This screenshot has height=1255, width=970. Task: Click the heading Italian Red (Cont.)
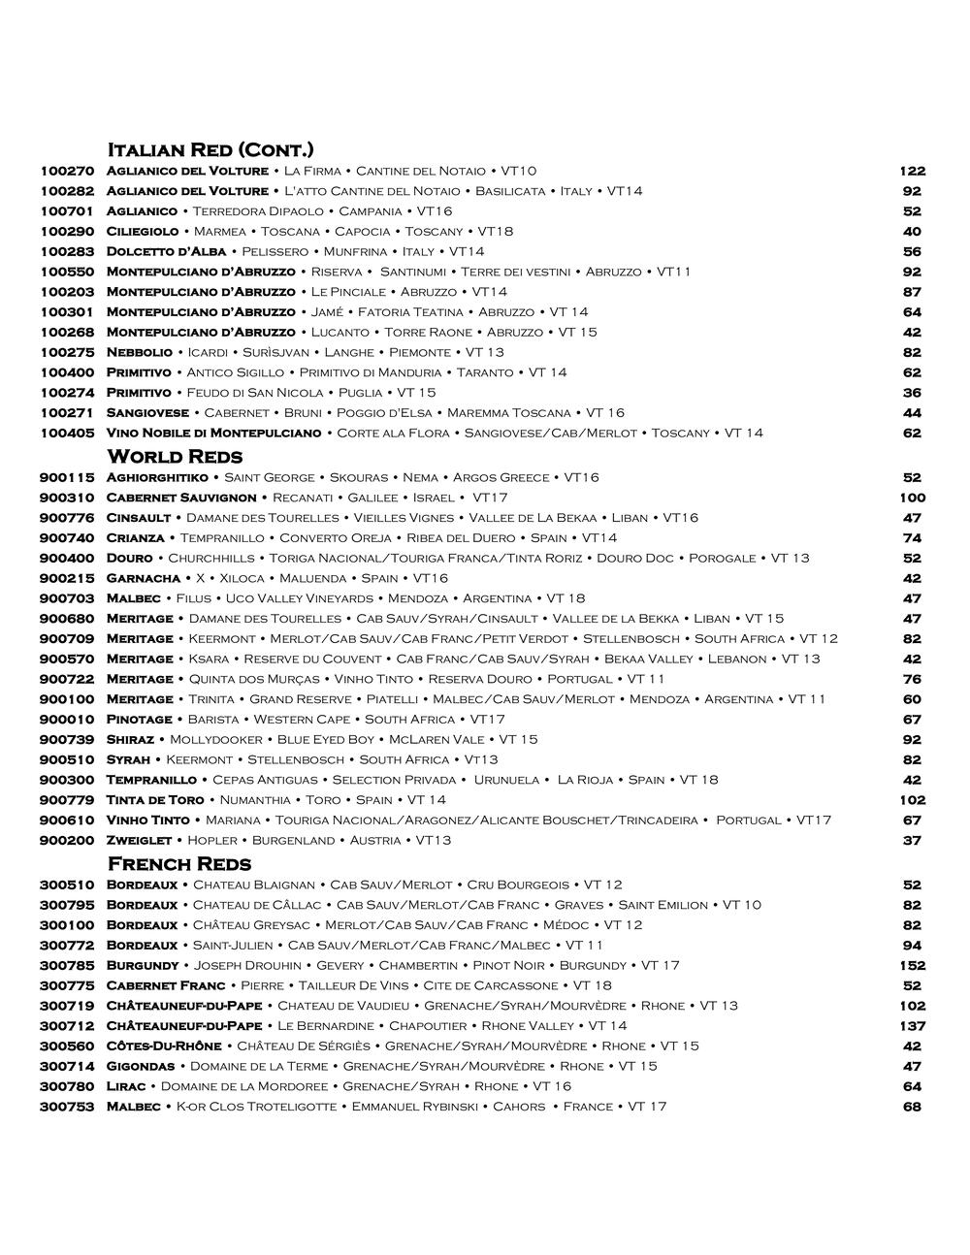(x=210, y=149)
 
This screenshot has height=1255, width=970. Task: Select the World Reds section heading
(x=175, y=456)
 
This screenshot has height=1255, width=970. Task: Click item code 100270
(x=67, y=172)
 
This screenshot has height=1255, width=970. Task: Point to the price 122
(x=912, y=172)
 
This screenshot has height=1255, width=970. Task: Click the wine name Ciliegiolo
(x=143, y=232)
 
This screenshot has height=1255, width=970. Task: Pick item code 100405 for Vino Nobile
(x=67, y=434)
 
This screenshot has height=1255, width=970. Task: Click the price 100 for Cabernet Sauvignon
(x=912, y=499)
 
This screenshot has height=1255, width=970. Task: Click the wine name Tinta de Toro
(x=155, y=800)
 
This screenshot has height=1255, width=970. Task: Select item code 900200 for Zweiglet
(x=67, y=841)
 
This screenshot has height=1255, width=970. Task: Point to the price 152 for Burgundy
(x=912, y=966)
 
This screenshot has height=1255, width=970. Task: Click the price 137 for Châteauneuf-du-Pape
(x=912, y=1026)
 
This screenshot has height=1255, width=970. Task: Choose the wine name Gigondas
(x=141, y=1067)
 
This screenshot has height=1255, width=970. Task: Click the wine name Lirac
(x=126, y=1087)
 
